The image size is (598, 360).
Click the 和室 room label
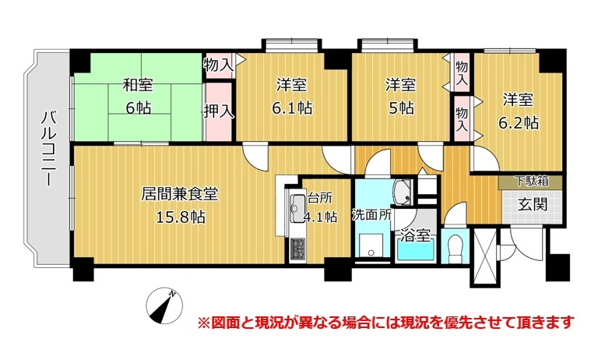[x=138, y=85]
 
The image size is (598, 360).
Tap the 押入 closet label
[x=219, y=111]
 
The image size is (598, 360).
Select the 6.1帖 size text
[x=292, y=108]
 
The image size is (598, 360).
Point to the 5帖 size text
[x=401, y=108]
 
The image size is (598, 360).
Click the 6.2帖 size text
[x=519, y=123]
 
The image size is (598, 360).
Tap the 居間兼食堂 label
[x=179, y=193]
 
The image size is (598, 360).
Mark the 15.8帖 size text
[x=181, y=217]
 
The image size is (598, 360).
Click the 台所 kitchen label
[x=319, y=198]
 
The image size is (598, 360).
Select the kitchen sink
[x=297, y=209]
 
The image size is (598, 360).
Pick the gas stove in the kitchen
[x=297, y=249]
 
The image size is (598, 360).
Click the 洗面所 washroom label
[x=371, y=214]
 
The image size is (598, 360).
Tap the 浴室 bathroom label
[x=415, y=235]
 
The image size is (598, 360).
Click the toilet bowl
[x=455, y=248]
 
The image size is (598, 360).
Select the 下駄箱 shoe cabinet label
[x=531, y=181]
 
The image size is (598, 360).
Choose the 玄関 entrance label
[x=532, y=205]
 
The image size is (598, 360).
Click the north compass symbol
[x=164, y=306]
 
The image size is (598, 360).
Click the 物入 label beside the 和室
[x=219, y=65]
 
